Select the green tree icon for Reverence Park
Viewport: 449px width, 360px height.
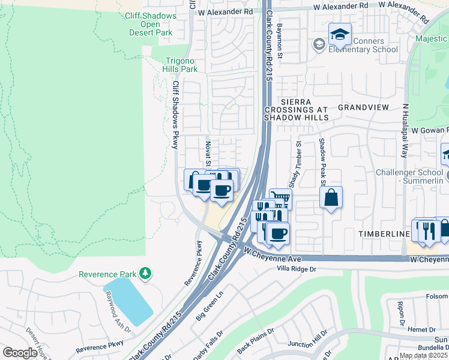point(145,274)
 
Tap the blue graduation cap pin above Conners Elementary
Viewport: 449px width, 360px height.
point(340,34)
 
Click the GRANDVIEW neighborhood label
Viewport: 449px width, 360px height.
point(363,107)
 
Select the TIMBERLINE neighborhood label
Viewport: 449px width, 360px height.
point(384,233)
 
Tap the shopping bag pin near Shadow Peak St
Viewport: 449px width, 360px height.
point(331,197)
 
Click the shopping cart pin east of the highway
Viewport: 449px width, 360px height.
point(280,199)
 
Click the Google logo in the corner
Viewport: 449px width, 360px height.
point(20,352)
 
